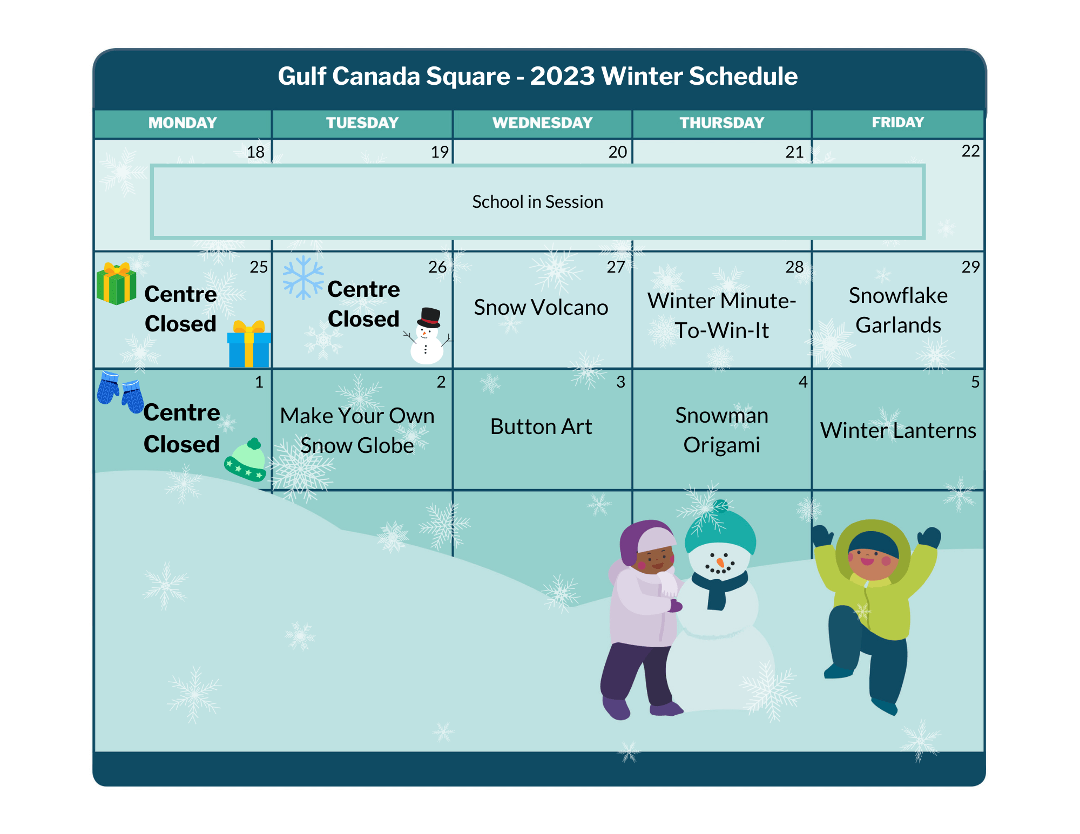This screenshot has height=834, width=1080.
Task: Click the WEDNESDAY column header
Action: tap(542, 123)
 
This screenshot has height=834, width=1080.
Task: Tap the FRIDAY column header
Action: tap(897, 123)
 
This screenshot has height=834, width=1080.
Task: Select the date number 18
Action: tap(255, 152)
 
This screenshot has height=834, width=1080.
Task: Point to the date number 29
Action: tap(970, 267)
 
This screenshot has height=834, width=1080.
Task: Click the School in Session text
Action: tap(537, 202)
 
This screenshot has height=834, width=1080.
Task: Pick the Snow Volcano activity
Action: tap(541, 307)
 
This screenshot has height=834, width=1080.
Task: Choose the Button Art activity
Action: tap(541, 426)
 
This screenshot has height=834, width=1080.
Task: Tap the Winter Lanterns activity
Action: tap(898, 430)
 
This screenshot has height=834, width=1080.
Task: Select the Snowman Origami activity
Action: tap(721, 430)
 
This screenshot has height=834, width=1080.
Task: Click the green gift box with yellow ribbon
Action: tap(116, 283)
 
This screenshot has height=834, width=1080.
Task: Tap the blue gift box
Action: tap(249, 344)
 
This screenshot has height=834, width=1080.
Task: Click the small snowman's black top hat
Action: tap(429, 318)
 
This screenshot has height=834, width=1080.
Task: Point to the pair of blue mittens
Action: tap(120, 391)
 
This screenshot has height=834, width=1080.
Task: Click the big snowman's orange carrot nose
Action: tap(720, 563)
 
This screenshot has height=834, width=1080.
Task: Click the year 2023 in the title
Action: tap(562, 76)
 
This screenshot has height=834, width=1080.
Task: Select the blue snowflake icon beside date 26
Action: tap(303, 277)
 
